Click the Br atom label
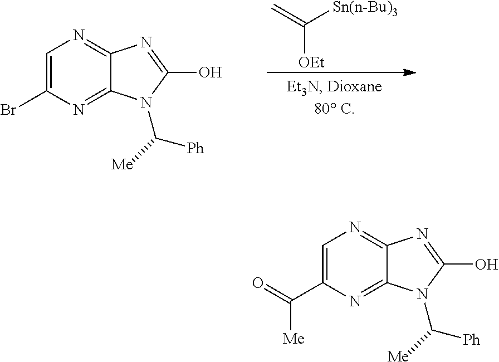click(8, 110)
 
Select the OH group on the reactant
click(210, 72)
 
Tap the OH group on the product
click(487, 264)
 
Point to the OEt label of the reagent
click(311, 62)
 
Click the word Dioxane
click(354, 86)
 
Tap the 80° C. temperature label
click(334, 109)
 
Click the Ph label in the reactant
click(195, 148)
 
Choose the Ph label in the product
click(471, 339)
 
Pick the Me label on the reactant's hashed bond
click(121, 164)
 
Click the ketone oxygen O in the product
click(258, 283)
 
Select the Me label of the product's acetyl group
click(293, 339)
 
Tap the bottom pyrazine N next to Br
click(79, 109)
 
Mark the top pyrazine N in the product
click(355, 227)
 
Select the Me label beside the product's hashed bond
click(398, 356)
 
